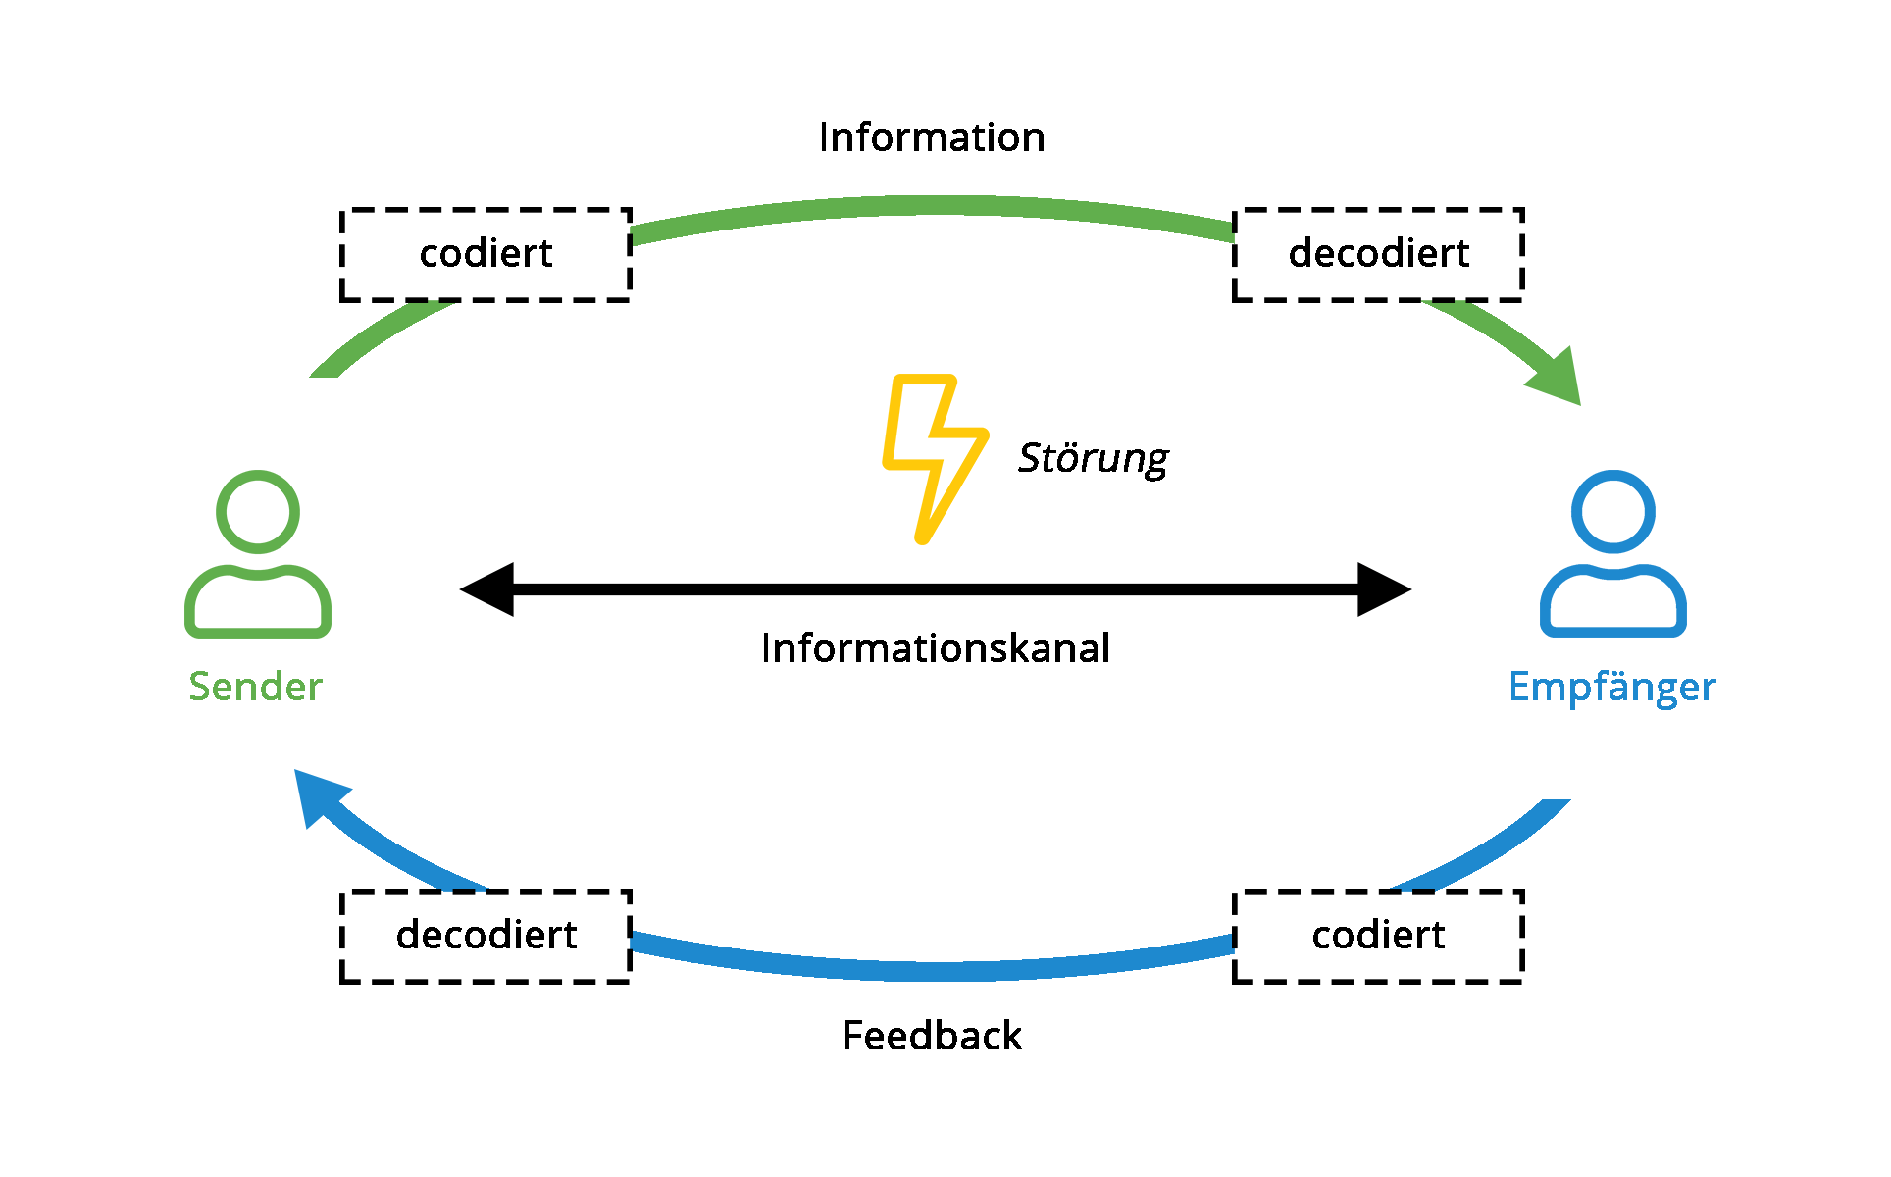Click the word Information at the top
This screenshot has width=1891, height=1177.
(x=932, y=137)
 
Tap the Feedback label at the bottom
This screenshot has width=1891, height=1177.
(x=932, y=1036)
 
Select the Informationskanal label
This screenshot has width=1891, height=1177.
(x=936, y=648)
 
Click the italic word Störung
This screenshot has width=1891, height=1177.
(x=1094, y=458)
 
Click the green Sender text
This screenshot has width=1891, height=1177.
(x=255, y=687)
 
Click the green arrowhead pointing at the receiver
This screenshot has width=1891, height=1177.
(x=1559, y=381)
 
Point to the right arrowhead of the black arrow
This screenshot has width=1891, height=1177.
(x=1384, y=589)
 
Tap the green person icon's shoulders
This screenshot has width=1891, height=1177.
(x=258, y=632)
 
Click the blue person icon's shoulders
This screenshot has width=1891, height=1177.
(x=1613, y=632)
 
